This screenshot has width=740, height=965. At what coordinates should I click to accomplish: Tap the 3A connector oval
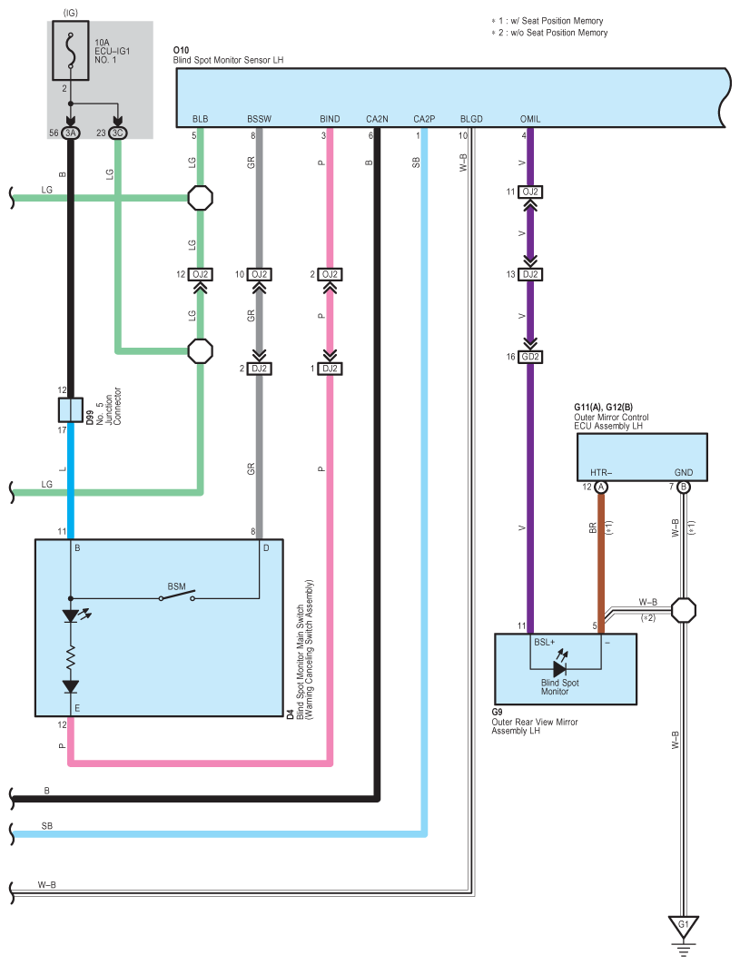coord(72,133)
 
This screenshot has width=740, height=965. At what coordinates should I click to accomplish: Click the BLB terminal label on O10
coord(200,119)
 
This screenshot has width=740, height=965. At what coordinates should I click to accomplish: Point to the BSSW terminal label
coord(259,119)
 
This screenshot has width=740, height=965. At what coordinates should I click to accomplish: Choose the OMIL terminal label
coord(531,119)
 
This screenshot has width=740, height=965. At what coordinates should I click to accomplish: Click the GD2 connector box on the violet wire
coord(531,357)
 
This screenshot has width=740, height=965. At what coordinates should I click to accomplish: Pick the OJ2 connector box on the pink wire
coord(330,274)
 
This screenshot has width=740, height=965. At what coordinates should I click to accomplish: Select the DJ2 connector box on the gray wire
coord(260,369)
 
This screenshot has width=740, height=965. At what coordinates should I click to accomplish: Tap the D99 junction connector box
coord(72,409)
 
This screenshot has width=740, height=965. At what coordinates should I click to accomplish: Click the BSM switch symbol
coord(176,597)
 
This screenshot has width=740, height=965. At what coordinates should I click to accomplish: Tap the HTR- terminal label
coord(600,473)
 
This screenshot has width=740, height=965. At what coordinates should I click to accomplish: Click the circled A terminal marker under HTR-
coord(600,487)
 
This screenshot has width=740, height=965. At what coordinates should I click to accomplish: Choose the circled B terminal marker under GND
coord(684,487)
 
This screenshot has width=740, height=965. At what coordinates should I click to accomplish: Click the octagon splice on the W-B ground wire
coord(684,610)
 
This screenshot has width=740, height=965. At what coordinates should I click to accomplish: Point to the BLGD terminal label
coord(471,119)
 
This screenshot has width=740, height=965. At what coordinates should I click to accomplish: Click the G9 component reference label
coord(497,712)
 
